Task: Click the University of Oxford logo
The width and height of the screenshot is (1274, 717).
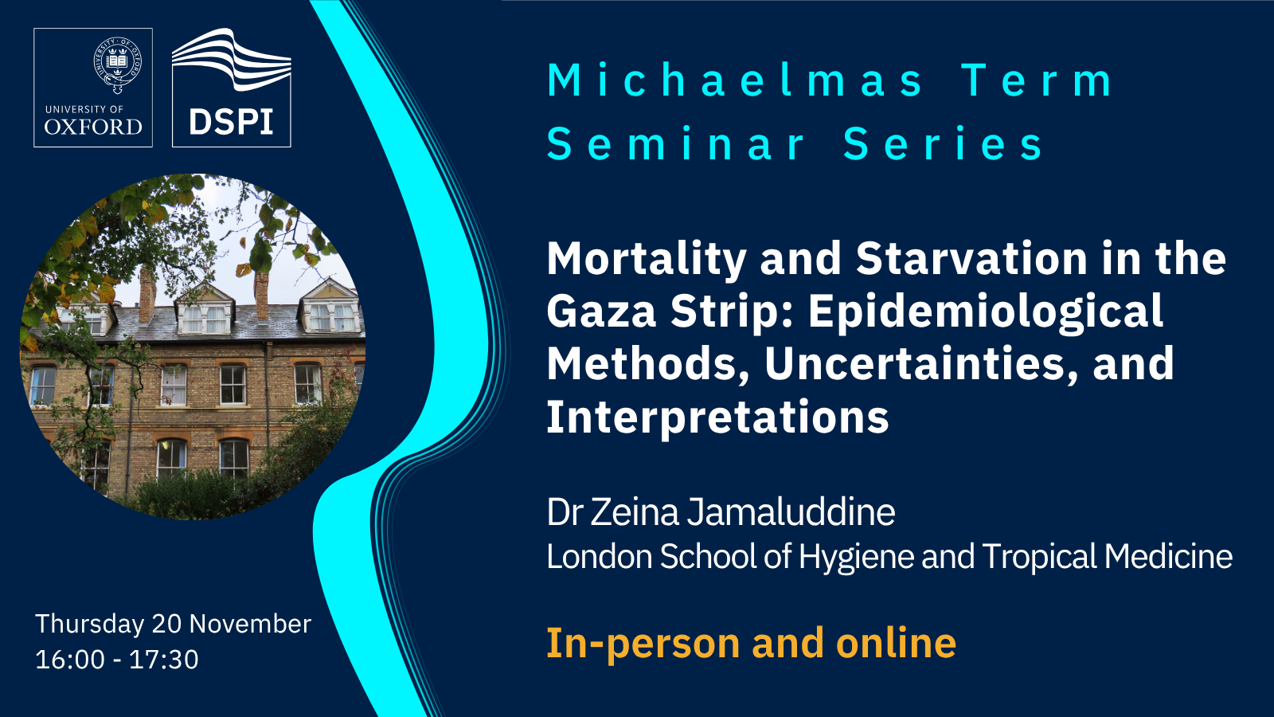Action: pyautogui.click(x=93, y=88)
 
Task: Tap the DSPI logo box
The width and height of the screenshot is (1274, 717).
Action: pyautogui.click(x=232, y=88)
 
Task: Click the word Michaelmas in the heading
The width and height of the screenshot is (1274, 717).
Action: pyautogui.click(x=736, y=80)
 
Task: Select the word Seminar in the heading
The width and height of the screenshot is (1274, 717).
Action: pyautogui.click(x=676, y=143)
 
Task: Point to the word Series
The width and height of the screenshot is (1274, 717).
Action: pyautogui.click(x=943, y=143)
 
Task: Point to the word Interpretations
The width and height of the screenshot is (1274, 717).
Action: pyautogui.click(x=717, y=417)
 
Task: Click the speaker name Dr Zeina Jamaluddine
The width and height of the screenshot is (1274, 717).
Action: pyautogui.click(x=721, y=511)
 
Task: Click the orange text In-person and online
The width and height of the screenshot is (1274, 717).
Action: pyautogui.click(x=752, y=644)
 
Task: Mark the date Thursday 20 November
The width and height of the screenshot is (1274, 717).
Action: pyautogui.click(x=174, y=625)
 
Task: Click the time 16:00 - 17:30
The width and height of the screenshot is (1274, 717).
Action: pyautogui.click(x=117, y=660)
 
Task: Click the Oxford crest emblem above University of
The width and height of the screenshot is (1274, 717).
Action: pyautogui.click(x=118, y=65)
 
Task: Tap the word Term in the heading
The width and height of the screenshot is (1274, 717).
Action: pyautogui.click(x=1038, y=80)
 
